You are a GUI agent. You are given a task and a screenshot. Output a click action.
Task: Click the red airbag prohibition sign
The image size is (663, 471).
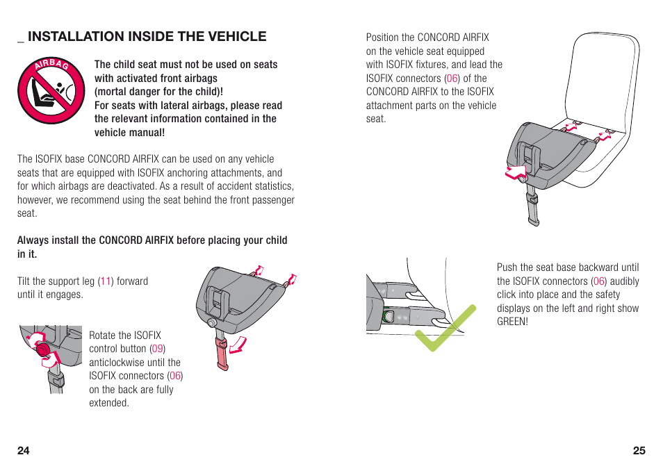point(51,90)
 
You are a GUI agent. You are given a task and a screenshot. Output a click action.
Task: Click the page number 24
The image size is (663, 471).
point(24,450)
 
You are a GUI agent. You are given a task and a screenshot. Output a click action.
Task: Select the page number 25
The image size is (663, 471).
point(639,450)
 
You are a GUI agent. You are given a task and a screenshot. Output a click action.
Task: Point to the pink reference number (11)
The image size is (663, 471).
point(105,281)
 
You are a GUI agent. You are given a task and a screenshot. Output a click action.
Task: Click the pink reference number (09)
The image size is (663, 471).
point(158,349)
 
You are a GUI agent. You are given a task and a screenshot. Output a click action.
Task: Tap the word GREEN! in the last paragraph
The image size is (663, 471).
point(512,322)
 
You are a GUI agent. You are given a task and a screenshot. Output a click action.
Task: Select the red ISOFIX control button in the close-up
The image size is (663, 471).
point(43,349)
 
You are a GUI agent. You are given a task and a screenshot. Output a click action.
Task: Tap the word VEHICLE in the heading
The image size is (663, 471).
point(232,37)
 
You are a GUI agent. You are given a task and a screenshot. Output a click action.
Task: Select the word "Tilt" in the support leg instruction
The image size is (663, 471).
point(25,281)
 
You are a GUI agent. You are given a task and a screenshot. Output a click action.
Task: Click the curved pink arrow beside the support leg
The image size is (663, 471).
point(238,343)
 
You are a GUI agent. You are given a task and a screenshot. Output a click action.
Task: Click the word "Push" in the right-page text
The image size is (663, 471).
point(507,267)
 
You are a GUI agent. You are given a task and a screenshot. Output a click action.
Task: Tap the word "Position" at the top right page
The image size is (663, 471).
point(382,38)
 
